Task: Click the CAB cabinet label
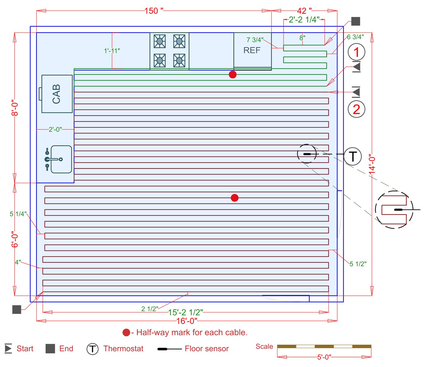pos(56,94)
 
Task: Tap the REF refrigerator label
pos(252,50)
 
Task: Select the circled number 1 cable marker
pos(356,52)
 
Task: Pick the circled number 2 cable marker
pos(356,109)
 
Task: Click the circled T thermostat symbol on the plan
pos(353,157)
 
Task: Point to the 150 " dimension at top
pos(154,11)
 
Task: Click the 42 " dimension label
pos(304,11)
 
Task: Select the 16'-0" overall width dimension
pos(187,321)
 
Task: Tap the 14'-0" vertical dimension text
pos(372,164)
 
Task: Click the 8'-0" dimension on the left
pos(15,108)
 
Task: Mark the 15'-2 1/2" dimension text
pos(185,312)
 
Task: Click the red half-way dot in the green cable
pos(233,74)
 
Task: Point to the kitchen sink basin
pos(61,159)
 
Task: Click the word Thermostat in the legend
pos(123,348)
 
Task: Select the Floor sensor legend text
pos(206,348)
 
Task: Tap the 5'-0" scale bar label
pos(324,357)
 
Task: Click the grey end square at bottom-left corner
pos(17,309)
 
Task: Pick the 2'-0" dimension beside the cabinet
pos(55,130)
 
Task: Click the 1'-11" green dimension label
pos(112,51)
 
